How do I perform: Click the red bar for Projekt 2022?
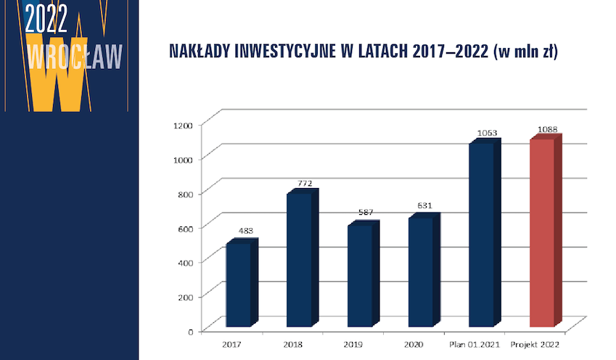tap(546, 231)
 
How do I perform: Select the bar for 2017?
tap(242, 282)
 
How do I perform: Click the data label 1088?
tap(547, 129)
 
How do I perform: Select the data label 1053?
tap(487, 134)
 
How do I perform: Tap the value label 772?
tap(305, 183)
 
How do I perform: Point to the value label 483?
tap(246, 231)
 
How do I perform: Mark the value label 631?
tap(424, 205)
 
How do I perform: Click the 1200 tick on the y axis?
tap(184, 126)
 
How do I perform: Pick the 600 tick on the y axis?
tap(186, 229)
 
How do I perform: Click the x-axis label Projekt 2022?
tap(535, 345)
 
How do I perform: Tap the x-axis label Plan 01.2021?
tap(475, 345)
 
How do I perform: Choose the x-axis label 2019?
tap(353, 345)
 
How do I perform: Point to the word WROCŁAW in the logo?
tap(75, 57)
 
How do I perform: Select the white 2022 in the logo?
tap(46, 19)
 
